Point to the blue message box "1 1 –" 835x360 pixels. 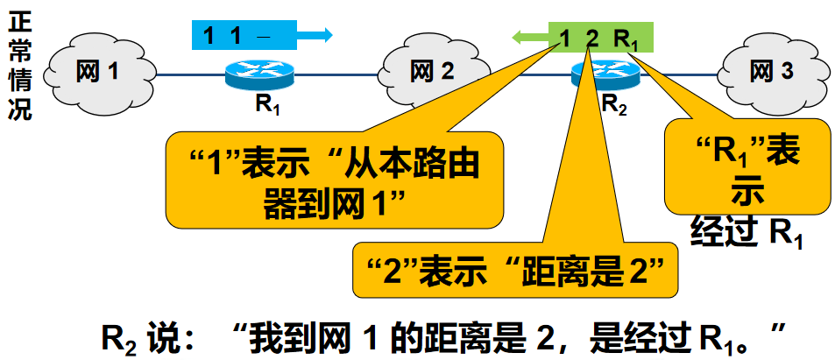coord(245,35)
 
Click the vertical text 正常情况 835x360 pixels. coord(18,67)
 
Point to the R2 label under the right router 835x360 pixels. coord(613,103)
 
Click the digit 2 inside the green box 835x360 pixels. coord(591,38)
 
